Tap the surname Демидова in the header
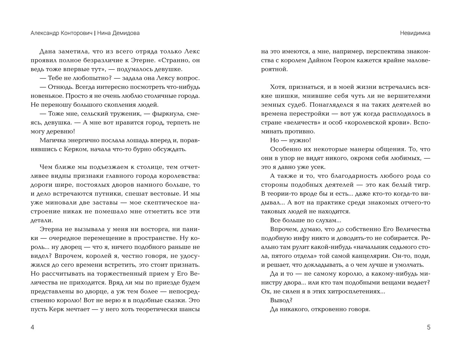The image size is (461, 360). coord(126,33)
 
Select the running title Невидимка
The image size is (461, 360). coord(415,33)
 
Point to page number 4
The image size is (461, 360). coord(32,327)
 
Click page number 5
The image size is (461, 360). coord(428,327)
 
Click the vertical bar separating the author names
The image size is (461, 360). coord(94,33)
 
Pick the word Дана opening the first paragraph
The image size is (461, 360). coord(47,51)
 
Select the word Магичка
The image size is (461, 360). coord(52,140)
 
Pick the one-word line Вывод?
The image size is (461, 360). coord(281,300)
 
